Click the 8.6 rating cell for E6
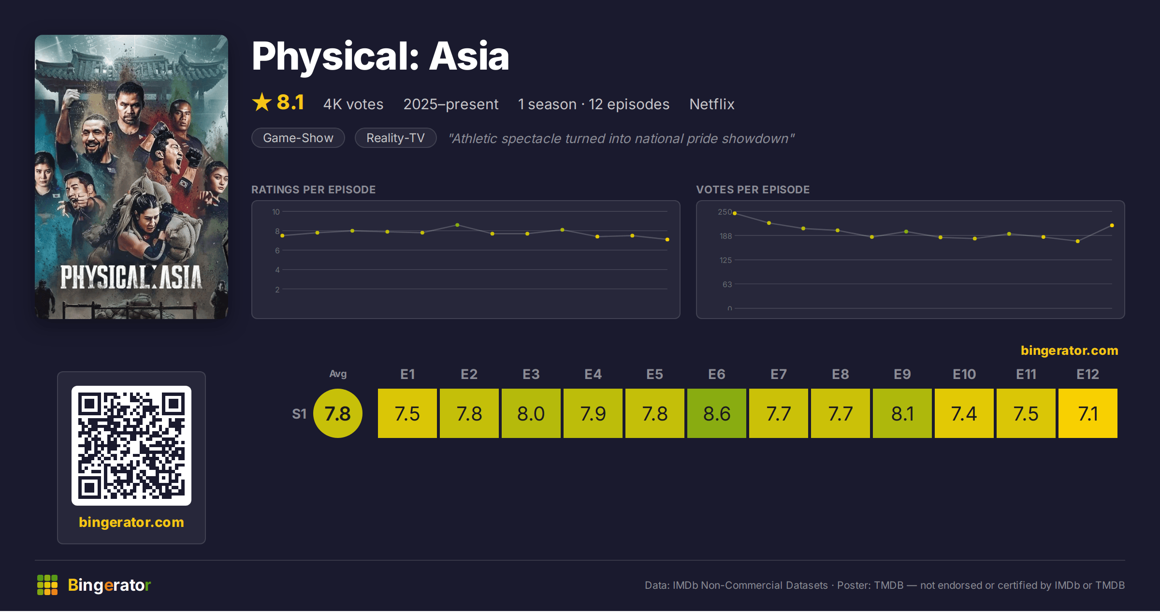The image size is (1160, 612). click(x=717, y=413)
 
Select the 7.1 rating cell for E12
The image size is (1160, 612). click(x=1088, y=413)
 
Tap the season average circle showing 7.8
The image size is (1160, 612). click(x=338, y=413)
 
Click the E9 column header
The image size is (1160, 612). click(x=902, y=374)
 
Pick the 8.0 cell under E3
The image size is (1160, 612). click(x=531, y=413)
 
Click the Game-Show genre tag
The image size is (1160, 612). click(x=298, y=138)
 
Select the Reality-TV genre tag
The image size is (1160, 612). click(x=395, y=138)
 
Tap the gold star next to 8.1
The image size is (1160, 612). click(x=262, y=102)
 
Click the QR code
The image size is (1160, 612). click(x=131, y=446)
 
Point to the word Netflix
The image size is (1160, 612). click(x=712, y=104)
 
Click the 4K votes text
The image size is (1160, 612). click(x=353, y=104)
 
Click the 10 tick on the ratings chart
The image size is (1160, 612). click(x=276, y=212)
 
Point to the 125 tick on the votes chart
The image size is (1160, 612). click(x=726, y=260)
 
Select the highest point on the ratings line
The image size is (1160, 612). click(x=457, y=225)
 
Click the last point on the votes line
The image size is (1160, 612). click(x=1112, y=225)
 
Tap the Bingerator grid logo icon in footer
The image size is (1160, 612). click(x=47, y=585)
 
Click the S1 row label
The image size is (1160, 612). click(x=299, y=414)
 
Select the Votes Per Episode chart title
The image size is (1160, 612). click(x=753, y=189)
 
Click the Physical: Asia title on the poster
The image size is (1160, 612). click(x=131, y=277)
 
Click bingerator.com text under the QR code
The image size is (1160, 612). click(x=131, y=522)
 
